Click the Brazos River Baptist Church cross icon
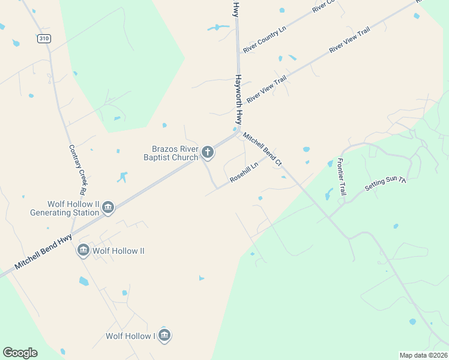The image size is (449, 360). click(x=208, y=152)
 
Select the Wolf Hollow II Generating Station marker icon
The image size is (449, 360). click(x=108, y=208)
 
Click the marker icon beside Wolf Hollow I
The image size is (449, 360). click(x=164, y=335)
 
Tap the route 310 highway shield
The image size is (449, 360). click(x=43, y=38)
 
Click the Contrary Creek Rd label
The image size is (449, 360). click(x=74, y=172)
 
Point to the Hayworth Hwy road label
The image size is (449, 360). click(x=239, y=100)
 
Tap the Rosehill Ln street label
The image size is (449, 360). click(x=244, y=172)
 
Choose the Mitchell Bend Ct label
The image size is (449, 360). click(x=262, y=149)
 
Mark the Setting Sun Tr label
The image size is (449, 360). click(x=385, y=184)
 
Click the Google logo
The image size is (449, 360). click(x=20, y=353)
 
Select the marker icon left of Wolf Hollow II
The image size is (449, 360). click(x=83, y=250)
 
